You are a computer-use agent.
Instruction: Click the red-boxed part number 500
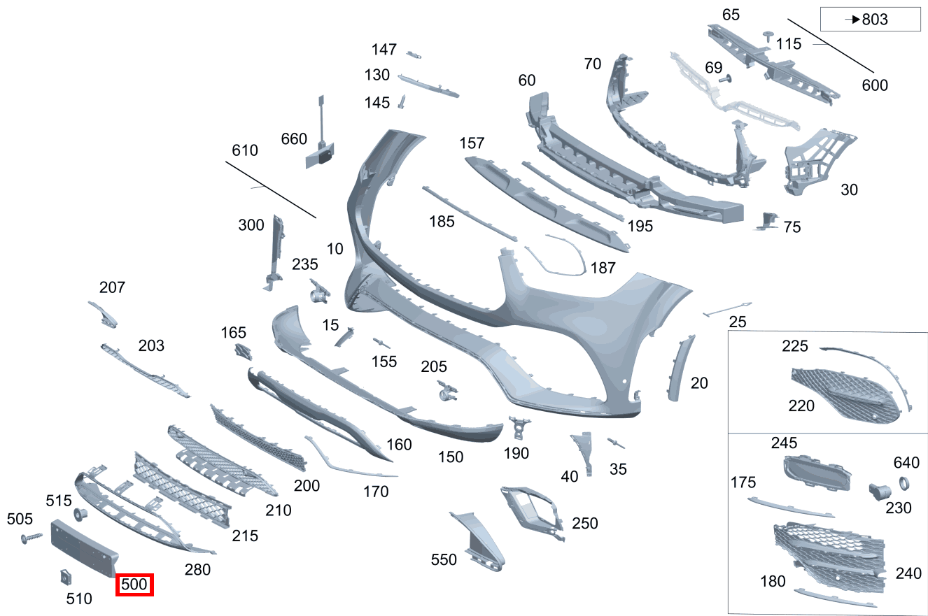click(134, 585)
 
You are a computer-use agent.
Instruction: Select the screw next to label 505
click(31, 538)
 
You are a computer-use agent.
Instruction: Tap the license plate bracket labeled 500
click(84, 548)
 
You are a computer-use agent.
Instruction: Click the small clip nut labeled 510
click(66, 578)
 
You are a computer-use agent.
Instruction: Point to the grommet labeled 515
click(80, 514)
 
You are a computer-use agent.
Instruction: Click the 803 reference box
click(871, 19)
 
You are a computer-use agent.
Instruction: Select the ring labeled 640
click(904, 483)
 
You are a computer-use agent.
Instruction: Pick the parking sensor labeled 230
click(879, 492)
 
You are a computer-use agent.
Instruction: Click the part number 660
click(294, 139)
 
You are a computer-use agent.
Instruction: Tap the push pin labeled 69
click(726, 78)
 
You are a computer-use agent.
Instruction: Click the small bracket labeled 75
click(767, 221)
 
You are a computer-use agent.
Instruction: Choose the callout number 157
click(472, 143)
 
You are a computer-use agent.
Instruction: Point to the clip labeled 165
click(244, 352)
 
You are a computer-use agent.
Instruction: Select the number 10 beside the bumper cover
click(335, 249)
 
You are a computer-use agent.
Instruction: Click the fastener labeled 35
click(616, 443)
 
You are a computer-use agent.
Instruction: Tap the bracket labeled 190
click(519, 427)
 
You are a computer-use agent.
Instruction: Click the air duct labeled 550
click(479, 540)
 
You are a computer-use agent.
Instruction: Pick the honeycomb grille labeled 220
click(845, 396)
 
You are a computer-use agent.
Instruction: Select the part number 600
click(875, 85)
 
